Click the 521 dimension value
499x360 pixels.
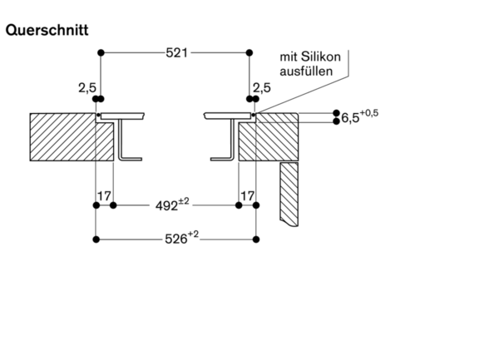tap(176, 52)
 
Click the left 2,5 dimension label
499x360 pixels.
tap(86, 86)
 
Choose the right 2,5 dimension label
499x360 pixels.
tap(260, 86)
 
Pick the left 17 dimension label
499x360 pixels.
tap(105, 196)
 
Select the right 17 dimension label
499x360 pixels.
tap(247, 196)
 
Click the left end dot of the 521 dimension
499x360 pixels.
tap(101, 52)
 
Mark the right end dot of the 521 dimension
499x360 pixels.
tap(249, 52)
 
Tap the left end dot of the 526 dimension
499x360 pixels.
tap(97, 239)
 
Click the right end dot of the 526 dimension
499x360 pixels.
tap(254, 239)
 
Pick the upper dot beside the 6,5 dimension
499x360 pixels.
tap(337, 112)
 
